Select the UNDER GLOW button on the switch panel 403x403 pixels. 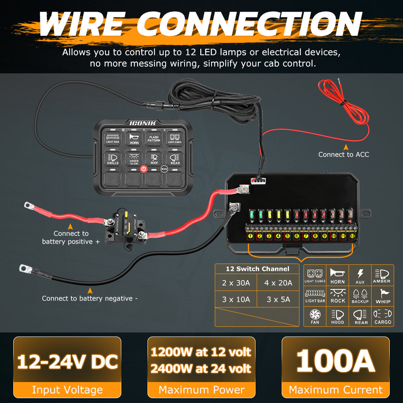[134, 159]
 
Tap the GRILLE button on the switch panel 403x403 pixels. [113, 159]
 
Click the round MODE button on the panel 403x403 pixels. [164, 169]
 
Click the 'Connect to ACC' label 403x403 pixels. [343, 154]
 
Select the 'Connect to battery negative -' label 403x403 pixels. [90, 299]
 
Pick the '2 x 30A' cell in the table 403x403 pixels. [236, 283]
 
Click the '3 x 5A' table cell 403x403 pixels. [278, 299]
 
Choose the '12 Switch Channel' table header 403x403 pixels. [257, 269]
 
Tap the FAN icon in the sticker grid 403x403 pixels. [315, 316]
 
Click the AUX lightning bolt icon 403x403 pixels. [360, 275]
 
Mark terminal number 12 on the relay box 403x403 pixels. [352, 236]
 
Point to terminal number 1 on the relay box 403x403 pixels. [250, 236]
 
